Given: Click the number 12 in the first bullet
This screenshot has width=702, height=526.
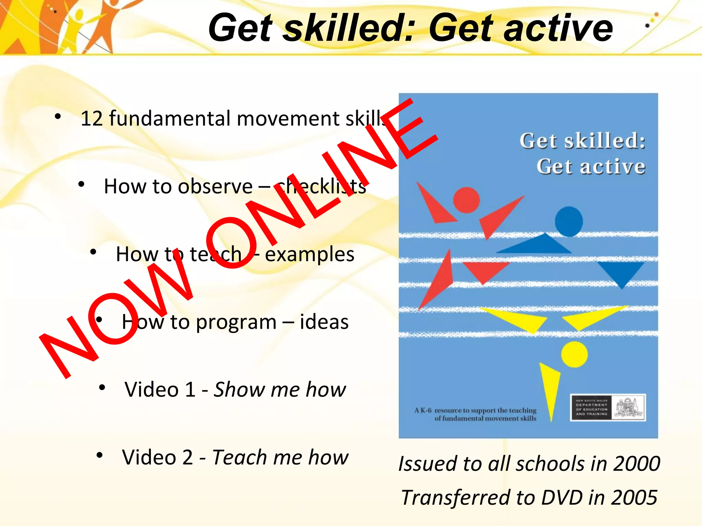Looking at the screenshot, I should point(92,118).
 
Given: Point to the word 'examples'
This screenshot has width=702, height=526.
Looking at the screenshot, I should point(310,254).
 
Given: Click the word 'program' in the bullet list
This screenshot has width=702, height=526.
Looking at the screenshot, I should point(236,323).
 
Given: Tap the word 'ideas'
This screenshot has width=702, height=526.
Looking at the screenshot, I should point(324,322).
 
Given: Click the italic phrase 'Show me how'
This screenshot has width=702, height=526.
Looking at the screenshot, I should point(280,390).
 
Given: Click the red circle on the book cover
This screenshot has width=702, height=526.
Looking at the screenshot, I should point(466,200).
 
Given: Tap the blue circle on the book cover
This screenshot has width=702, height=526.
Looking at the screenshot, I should point(569,222).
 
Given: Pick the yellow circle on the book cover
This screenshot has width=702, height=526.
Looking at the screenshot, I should point(574,354).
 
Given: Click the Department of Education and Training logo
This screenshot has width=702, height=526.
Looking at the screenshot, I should point(608,408).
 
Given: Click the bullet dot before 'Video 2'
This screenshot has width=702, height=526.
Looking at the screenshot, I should point(100,455).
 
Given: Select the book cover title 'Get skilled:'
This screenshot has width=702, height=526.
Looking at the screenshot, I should point(582,141).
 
